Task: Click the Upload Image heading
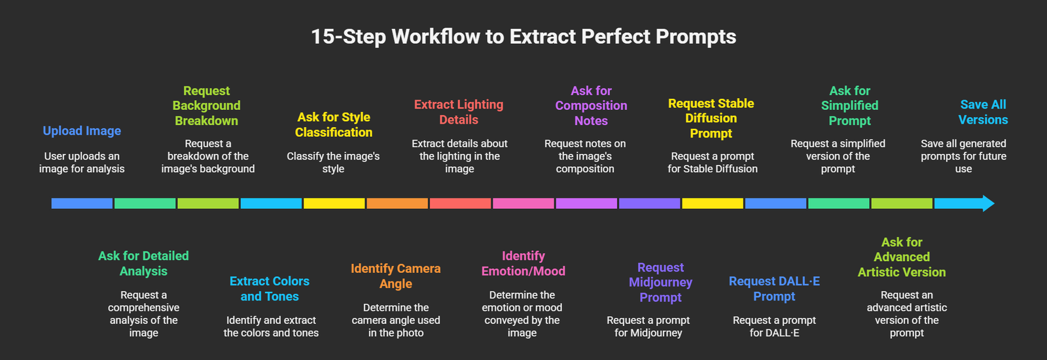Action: click(82, 131)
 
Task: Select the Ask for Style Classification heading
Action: click(334, 124)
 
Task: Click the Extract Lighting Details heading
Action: click(459, 112)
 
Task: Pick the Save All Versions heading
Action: click(983, 112)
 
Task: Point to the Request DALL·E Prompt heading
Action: click(774, 289)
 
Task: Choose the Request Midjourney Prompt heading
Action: click(660, 282)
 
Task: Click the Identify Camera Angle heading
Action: click(396, 276)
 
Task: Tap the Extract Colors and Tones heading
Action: click(270, 289)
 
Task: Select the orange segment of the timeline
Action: click(397, 204)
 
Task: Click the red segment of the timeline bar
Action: click(460, 204)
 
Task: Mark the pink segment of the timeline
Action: click(523, 204)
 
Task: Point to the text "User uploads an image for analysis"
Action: click(82, 162)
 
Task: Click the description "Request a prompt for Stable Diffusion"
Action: click(712, 162)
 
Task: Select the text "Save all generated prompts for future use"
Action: click(963, 156)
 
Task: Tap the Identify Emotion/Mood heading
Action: click(523, 263)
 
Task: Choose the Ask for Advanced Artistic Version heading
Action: click(902, 257)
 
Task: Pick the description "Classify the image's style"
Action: click(333, 162)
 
